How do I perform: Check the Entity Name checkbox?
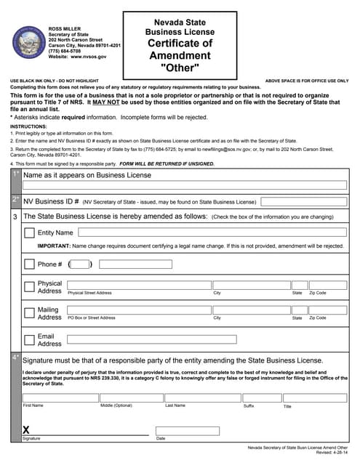(x=29, y=232)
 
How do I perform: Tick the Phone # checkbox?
(x=29, y=264)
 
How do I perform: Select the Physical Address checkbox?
(x=29, y=287)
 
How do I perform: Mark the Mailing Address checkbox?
(x=29, y=313)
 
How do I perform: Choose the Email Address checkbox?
(x=29, y=339)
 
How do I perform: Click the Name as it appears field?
(x=184, y=185)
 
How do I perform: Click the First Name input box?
(x=60, y=397)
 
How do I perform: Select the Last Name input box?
(x=201, y=397)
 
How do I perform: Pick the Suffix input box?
(x=260, y=397)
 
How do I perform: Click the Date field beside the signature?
(x=187, y=431)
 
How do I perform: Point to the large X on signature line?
(x=26, y=430)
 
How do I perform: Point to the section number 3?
(x=15, y=217)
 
